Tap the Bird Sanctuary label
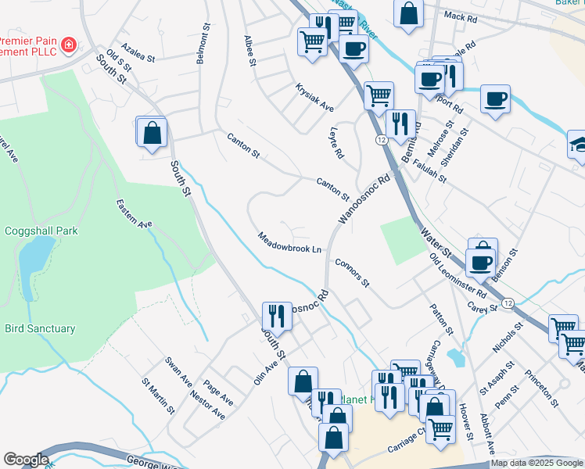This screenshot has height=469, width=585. tap(41, 329)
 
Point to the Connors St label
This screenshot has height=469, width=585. tap(351, 272)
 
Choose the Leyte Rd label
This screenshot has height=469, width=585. tap(337, 143)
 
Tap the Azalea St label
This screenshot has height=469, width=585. tap(138, 52)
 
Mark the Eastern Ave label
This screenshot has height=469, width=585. tap(134, 213)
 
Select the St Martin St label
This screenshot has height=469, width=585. tap(158, 396)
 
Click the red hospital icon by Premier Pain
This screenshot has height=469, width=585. tap(69, 44)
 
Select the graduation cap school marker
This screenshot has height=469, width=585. tap(578, 145)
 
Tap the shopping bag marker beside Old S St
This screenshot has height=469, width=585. tap(152, 132)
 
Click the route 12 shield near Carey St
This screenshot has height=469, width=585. tap(508, 303)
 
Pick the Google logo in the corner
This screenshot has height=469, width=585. tap(26, 460)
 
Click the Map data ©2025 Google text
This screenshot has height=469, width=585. tap(537, 463)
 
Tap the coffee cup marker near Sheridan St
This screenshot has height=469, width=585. tap(495, 99)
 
